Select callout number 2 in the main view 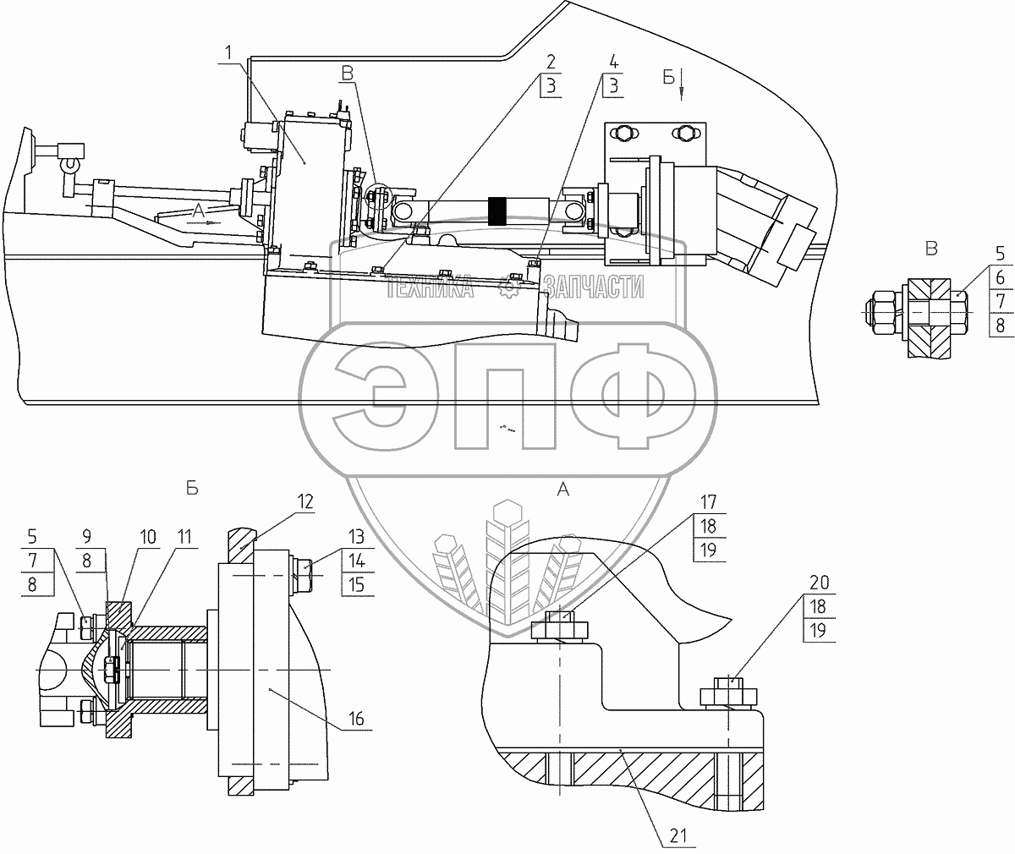pos(551,62)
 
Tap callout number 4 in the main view pos(613,62)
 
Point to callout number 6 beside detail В pos(1000,277)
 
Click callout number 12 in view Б pos(305,501)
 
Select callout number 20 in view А pos(820,583)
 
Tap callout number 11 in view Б pos(184,536)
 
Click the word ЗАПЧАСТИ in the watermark pos(594,289)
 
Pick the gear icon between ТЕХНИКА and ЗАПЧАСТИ pos(508,289)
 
